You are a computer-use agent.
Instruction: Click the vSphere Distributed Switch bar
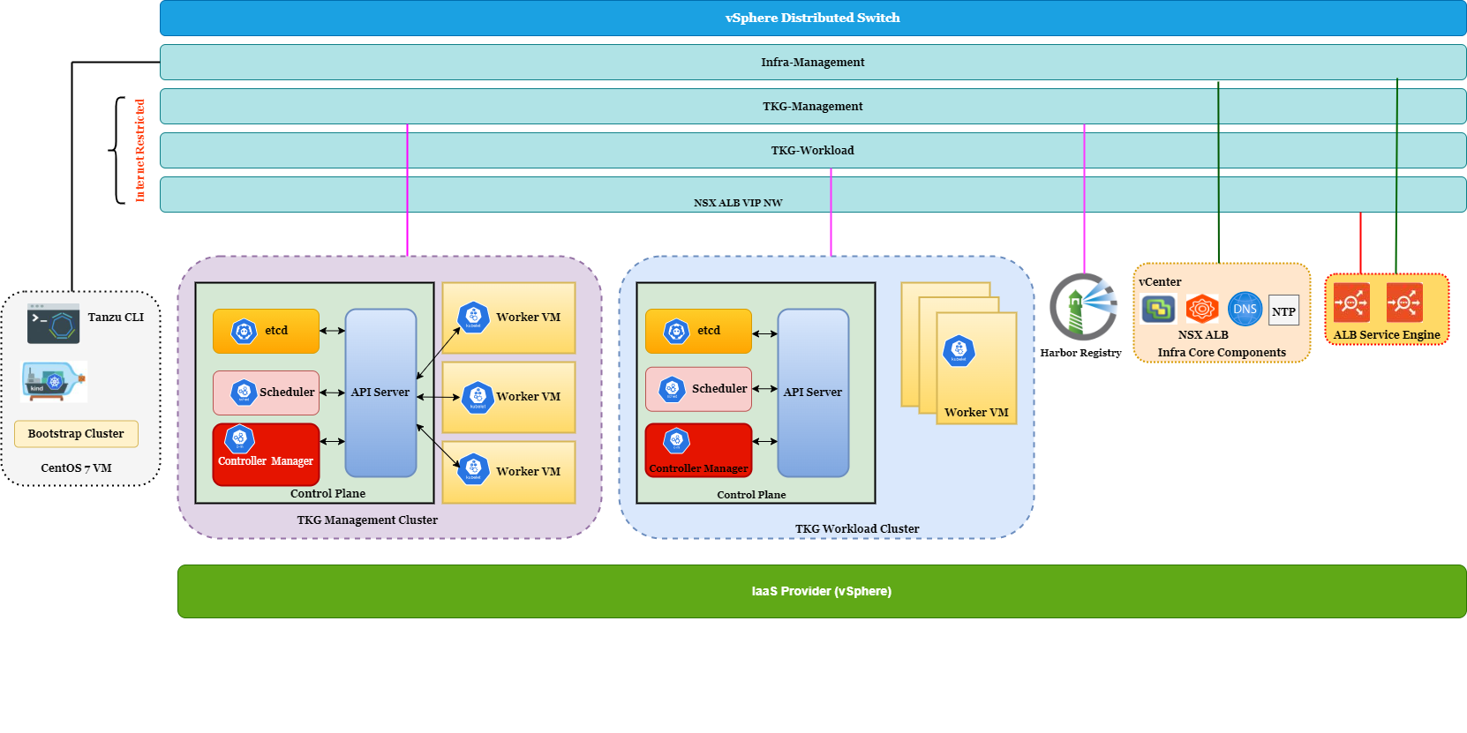tap(812, 18)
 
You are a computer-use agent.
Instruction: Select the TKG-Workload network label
tap(812, 150)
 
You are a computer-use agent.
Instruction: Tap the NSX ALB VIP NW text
tap(738, 203)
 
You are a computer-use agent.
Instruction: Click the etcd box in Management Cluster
tap(266, 331)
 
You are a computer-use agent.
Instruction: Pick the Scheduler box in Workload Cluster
tap(698, 389)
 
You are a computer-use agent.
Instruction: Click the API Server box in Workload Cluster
tap(812, 393)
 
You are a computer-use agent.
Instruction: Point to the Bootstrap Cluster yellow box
tap(76, 434)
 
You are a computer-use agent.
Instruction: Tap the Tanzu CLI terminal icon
tap(54, 324)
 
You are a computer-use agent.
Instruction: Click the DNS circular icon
tap(1245, 310)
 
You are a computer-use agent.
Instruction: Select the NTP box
tap(1283, 310)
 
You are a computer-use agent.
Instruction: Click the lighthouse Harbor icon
tap(1083, 307)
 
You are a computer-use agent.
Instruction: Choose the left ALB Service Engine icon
tap(1351, 303)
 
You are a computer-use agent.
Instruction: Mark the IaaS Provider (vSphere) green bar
tap(821, 591)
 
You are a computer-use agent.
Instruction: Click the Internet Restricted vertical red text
tap(140, 150)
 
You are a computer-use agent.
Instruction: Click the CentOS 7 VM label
tap(76, 468)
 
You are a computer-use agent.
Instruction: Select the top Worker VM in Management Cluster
tap(508, 318)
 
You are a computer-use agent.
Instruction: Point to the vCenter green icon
tap(1158, 309)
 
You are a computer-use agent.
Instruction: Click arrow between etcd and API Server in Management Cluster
tap(332, 331)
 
